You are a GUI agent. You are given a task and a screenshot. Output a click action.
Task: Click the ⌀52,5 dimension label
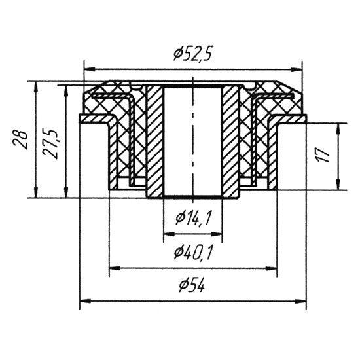(192, 54)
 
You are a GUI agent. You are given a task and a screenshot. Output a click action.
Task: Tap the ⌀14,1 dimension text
(193, 219)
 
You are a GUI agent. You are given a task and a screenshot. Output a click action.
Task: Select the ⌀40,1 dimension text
(192, 253)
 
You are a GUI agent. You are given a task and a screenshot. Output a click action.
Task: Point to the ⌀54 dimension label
(192, 285)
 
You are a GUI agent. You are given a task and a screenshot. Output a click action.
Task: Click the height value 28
(21, 140)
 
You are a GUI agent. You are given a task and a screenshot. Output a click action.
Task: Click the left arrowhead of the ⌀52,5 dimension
(90, 69)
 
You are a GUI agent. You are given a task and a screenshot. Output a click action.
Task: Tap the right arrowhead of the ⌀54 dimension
(301, 300)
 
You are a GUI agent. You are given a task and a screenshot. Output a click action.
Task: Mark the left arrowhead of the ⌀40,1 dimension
(115, 268)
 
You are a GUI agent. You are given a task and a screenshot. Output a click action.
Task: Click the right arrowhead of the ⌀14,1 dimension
(217, 234)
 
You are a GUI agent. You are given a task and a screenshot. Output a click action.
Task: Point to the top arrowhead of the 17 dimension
(338, 129)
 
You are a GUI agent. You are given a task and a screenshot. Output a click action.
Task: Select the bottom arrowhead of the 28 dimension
(36, 192)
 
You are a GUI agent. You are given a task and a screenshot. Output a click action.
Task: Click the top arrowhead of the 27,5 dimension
(66, 90)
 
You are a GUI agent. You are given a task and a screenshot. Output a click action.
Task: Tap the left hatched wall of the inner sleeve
(154, 141)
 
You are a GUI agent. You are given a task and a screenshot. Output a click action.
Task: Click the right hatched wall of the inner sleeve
(230, 141)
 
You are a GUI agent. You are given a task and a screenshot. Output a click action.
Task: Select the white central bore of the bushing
(192, 142)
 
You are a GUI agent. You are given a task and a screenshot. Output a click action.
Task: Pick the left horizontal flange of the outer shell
(96, 118)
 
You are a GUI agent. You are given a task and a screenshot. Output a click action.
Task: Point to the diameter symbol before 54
(184, 286)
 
